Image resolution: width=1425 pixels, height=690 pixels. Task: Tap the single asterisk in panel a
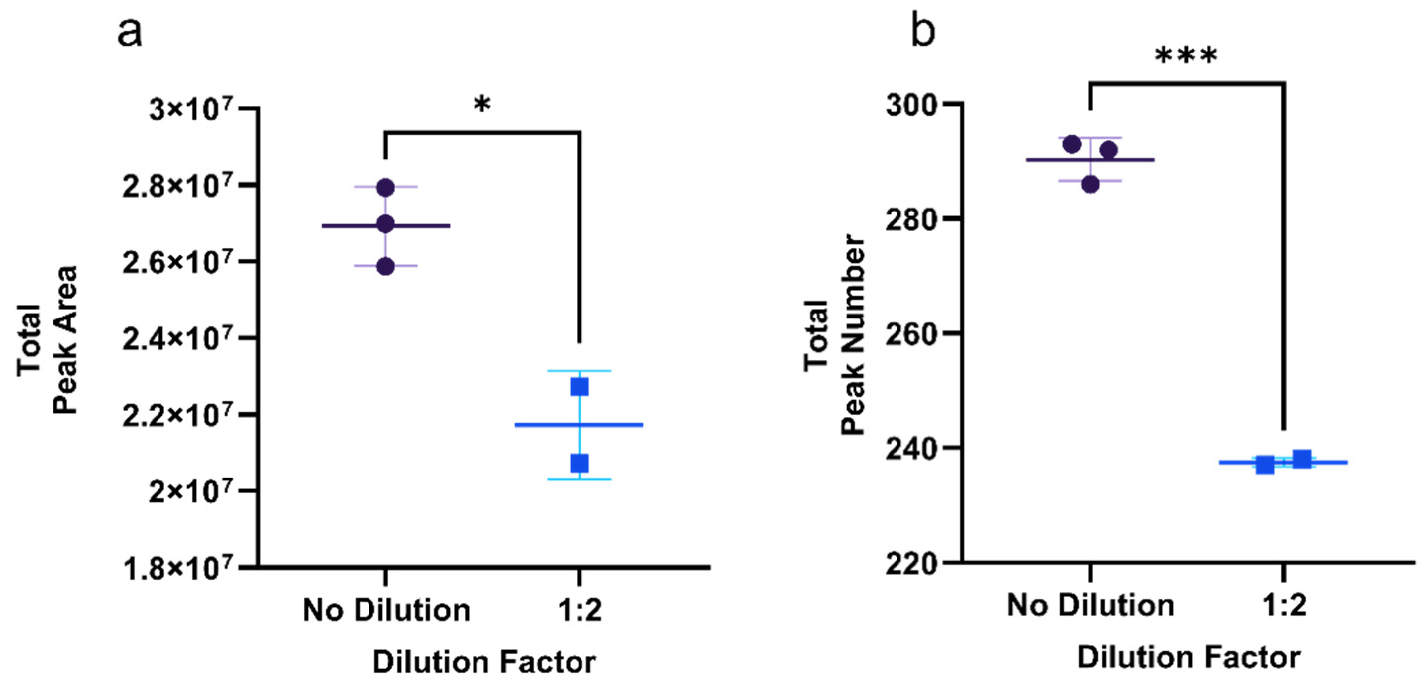coord(482,104)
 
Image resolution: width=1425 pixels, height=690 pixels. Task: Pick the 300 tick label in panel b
coord(913,105)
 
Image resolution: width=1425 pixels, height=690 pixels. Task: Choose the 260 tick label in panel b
coord(913,334)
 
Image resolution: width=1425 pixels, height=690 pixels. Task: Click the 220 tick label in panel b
coord(913,564)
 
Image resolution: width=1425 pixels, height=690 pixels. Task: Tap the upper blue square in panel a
coord(579,387)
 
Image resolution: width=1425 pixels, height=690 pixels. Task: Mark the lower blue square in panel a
coord(579,463)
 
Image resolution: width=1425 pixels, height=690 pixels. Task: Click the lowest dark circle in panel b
coord(1090,184)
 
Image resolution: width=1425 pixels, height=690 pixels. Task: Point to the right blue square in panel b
coord(1302,459)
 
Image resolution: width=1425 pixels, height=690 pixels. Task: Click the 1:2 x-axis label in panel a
coord(579,611)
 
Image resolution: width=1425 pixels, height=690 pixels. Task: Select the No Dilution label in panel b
coord(1090,605)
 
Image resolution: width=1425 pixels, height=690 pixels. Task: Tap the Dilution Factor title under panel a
coord(484,662)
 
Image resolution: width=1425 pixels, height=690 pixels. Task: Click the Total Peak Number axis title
coord(835,334)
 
